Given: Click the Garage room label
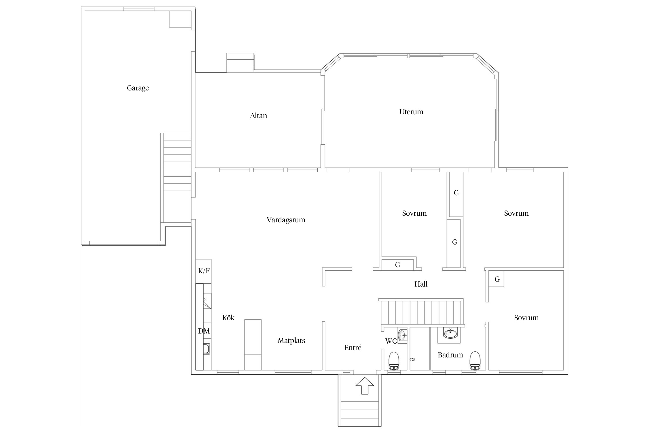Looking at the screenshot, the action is pos(138,88).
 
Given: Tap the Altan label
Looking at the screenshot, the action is pos(258,116).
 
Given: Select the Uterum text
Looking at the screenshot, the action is pos(411,112).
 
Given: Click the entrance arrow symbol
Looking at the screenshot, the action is pos(365,385).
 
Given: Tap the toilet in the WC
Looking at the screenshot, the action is pos(394,361).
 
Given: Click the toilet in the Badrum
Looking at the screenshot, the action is pos(475,361).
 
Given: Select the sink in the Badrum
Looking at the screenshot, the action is pos(450,334).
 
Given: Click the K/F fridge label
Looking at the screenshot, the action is pos(204,271).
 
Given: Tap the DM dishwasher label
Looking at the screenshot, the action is pos(204,331).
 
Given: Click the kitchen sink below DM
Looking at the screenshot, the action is pos(206,349).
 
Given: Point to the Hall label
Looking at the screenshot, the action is pos(421,284).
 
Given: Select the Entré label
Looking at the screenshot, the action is pos(353,348).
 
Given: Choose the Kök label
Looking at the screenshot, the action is pos(228,318).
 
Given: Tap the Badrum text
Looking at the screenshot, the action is pos(450,355).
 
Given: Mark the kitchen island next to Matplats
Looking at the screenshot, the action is pos(253,345).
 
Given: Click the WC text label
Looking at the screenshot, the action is pos(391,341).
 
